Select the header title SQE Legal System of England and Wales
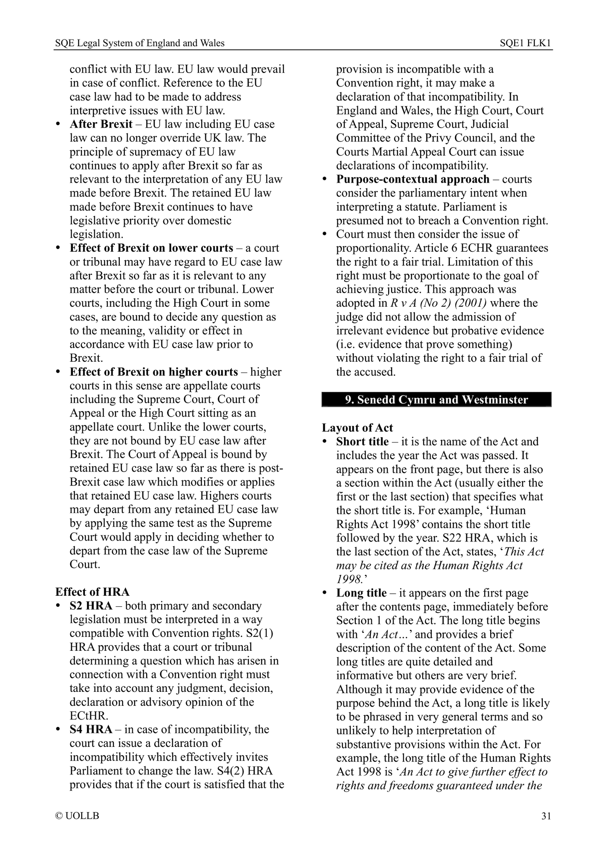pos(140,43)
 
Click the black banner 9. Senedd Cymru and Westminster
pos(436,399)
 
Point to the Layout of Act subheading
pos(357,428)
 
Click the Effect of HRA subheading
pos(92,592)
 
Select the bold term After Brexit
pos(101,124)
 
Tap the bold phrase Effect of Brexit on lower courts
pos(151,248)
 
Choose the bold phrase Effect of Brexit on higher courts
pos(154,372)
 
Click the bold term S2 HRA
pos(91,606)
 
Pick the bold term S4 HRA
pos(91,730)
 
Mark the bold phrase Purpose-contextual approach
pos(413,179)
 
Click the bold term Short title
pos(362,441)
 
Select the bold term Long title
pos(361,593)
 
